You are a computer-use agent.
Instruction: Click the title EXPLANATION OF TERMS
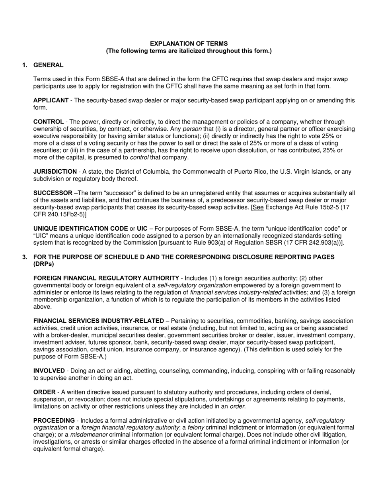pyautogui.click(x=189, y=43)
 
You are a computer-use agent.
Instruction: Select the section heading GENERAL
pyautogui.click(x=48, y=65)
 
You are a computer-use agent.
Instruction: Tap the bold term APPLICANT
pyautogui.click(x=51, y=100)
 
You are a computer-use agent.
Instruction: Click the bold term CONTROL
pyautogui.click(x=48, y=122)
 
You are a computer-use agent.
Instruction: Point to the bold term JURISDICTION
pyautogui.click(x=55, y=172)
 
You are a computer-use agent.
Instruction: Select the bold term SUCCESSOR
pyautogui.click(x=53, y=193)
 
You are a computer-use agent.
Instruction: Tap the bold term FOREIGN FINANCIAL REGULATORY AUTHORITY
pyautogui.click(x=106, y=278)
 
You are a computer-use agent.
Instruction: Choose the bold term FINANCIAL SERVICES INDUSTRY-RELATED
pyautogui.click(x=98, y=321)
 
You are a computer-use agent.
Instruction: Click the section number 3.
pyautogui.click(x=25, y=257)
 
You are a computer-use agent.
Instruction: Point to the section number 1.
pyautogui.click(x=25, y=65)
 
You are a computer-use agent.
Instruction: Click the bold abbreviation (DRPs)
pyautogui.click(x=43, y=264)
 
